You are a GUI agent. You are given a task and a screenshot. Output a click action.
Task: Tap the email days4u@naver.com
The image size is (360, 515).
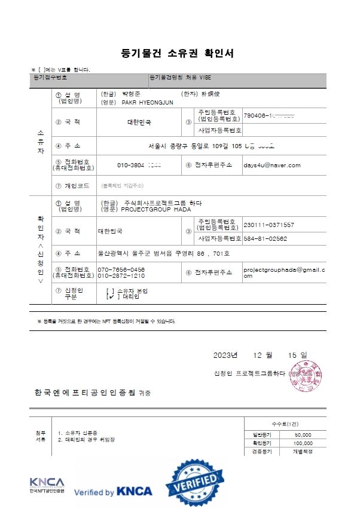(x=271, y=165)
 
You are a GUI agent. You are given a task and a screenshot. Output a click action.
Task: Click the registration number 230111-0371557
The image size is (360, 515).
(x=269, y=225)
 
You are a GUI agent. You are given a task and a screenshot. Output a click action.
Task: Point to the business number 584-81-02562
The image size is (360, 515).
(x=266, y=238)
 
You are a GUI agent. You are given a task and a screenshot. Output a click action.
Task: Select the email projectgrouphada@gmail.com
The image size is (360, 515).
(x=283, y=272)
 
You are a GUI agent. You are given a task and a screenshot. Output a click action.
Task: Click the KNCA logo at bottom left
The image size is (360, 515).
(x=45, y=485)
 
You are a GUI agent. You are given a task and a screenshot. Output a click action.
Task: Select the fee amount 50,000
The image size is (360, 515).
(x=303, y=434)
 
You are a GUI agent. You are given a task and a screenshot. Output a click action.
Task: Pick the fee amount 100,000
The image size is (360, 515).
(x=301, y=443)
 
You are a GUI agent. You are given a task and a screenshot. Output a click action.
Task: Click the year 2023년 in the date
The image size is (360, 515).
(x=225, y=355)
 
